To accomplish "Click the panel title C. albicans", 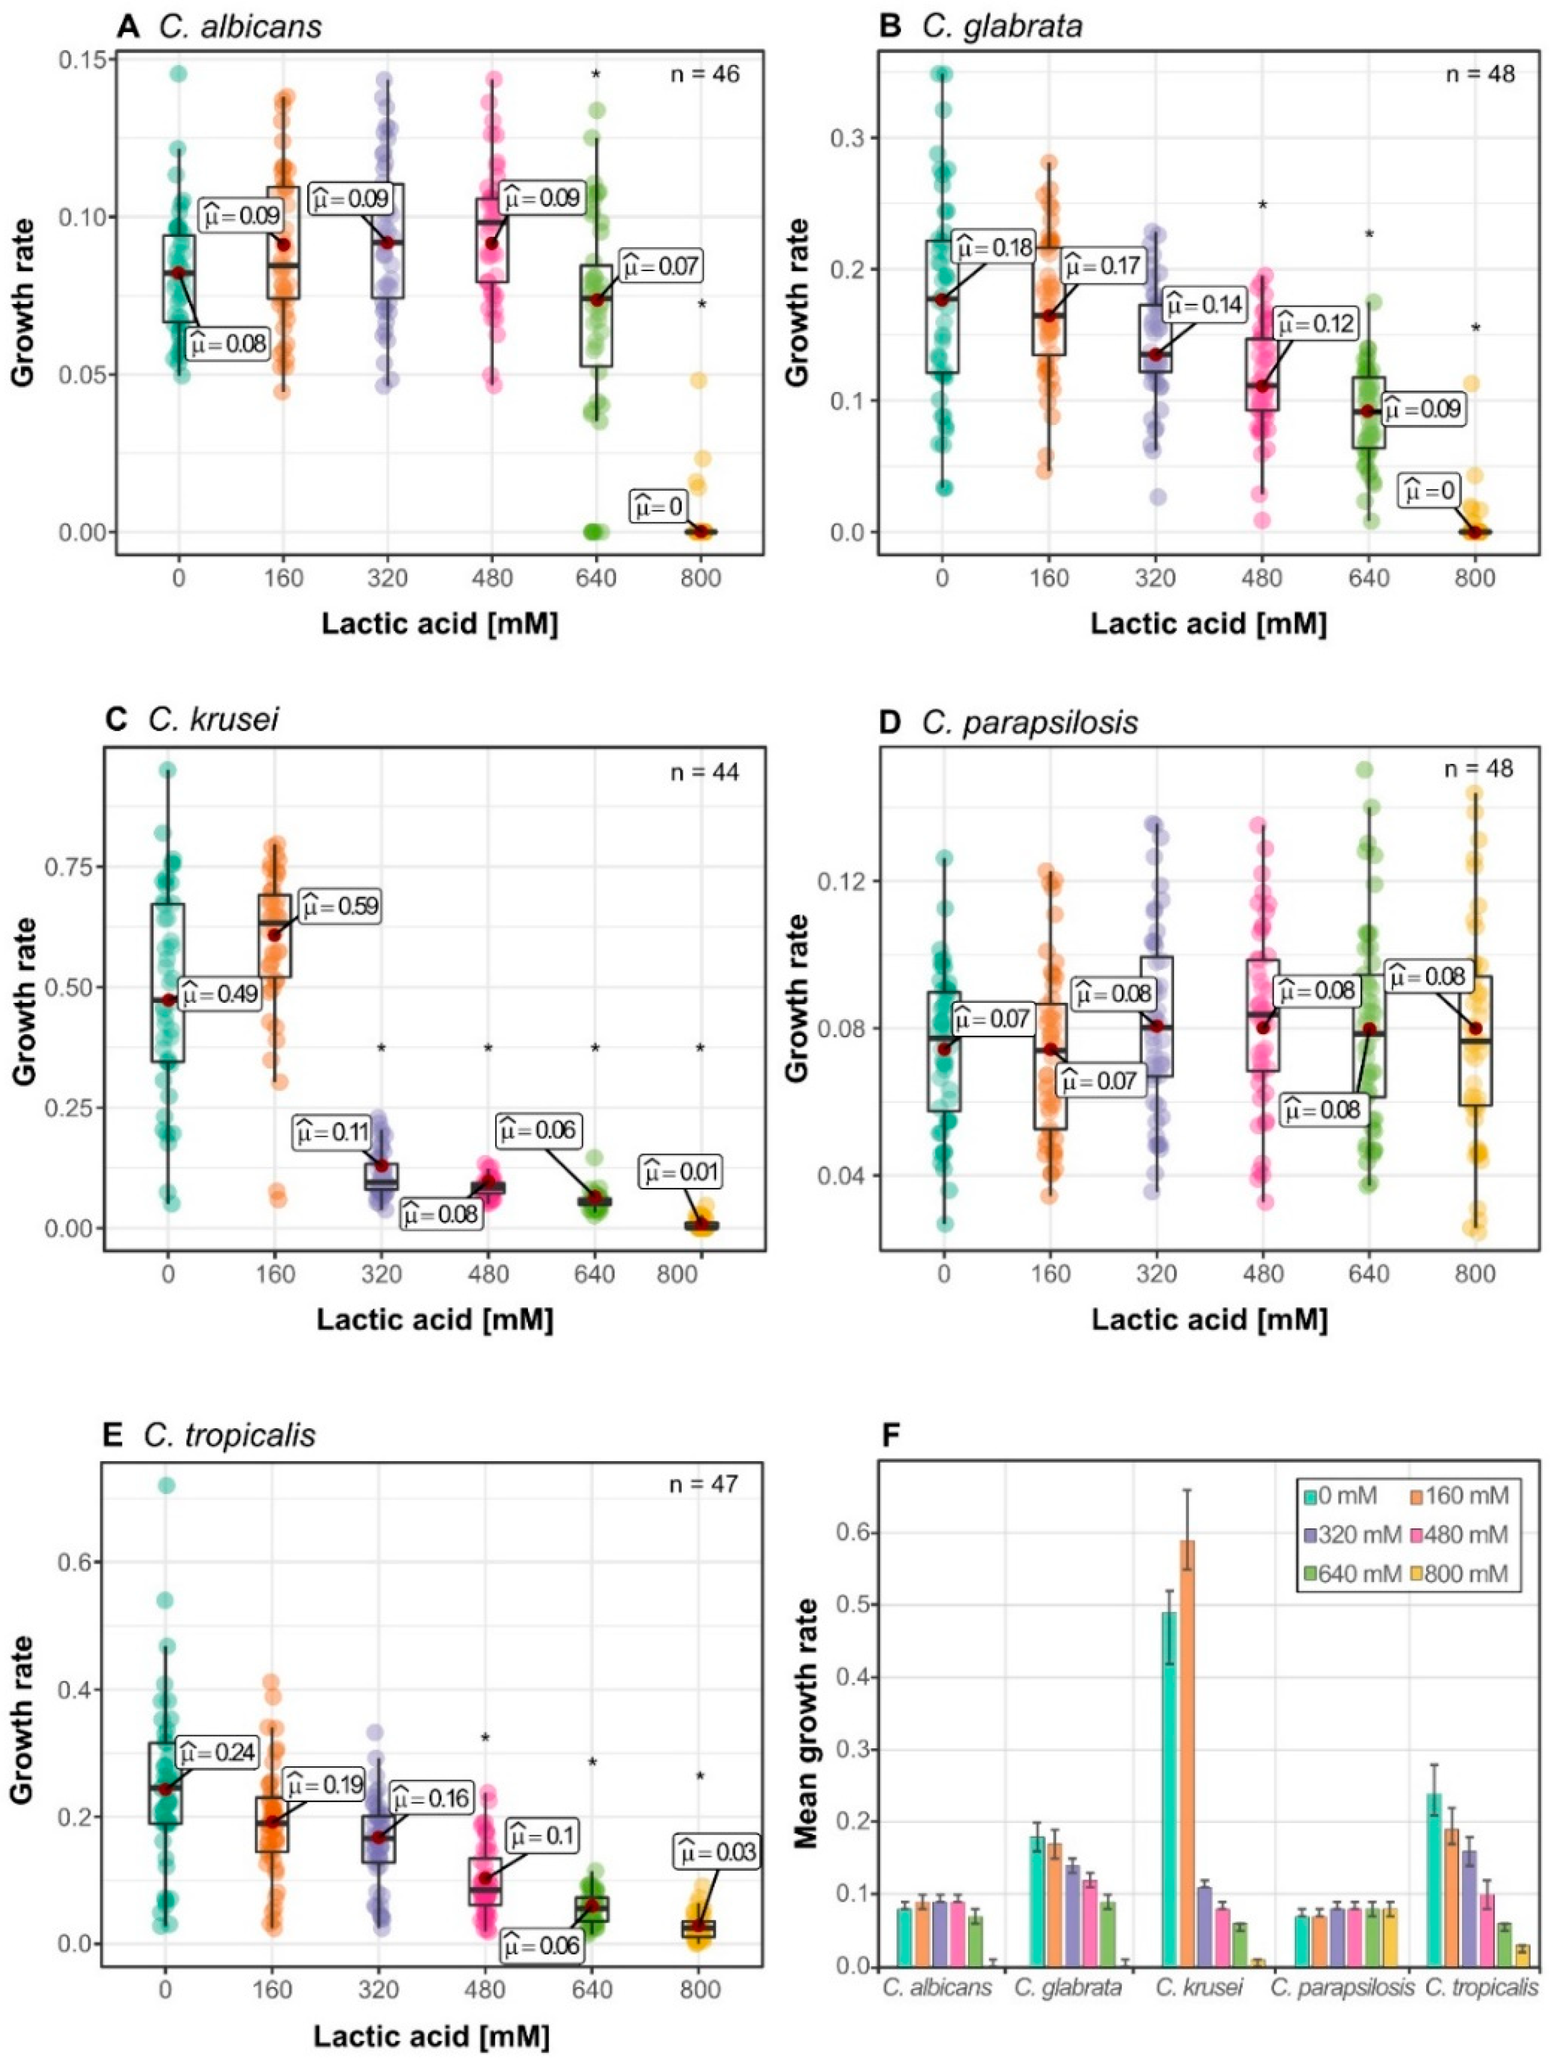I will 241,26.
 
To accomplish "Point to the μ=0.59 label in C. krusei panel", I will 338,906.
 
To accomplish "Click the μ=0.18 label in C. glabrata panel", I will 993,248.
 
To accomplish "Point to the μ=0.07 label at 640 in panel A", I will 660,266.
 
